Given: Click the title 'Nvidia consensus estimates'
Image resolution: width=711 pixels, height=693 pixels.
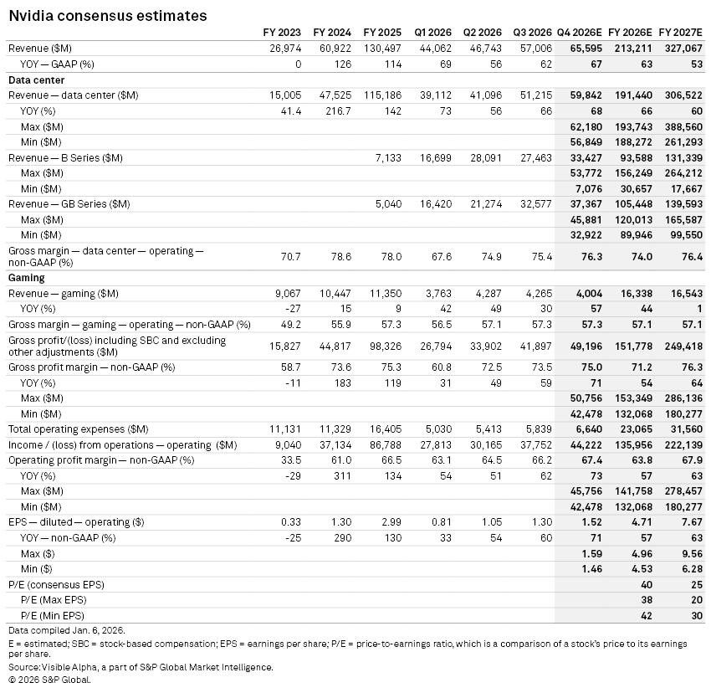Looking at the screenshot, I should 107,16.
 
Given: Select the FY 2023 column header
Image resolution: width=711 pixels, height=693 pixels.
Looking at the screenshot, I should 282,32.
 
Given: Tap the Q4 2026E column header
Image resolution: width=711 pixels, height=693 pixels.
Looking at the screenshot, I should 581,32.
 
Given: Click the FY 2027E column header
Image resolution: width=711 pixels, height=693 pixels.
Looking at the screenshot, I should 681,32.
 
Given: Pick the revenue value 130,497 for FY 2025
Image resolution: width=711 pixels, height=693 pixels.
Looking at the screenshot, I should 383,49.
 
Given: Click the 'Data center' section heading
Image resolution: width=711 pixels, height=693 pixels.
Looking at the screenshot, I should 37,80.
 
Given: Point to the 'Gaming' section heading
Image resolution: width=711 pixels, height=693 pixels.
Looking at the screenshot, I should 27,278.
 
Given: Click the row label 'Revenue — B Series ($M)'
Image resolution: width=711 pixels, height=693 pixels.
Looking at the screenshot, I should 65,157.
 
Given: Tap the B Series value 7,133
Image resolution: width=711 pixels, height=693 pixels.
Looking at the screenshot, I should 387,157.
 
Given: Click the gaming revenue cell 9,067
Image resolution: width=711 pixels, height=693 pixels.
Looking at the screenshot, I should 284,293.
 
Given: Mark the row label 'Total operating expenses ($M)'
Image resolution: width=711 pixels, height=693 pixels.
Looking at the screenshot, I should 79,429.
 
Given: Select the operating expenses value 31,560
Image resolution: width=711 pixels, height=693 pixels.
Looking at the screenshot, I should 686,429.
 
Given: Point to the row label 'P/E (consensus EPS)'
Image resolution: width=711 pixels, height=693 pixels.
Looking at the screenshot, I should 56,584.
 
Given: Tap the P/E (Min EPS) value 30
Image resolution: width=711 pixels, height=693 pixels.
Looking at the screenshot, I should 697,615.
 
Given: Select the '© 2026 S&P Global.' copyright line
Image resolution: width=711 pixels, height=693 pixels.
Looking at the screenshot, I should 49,679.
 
